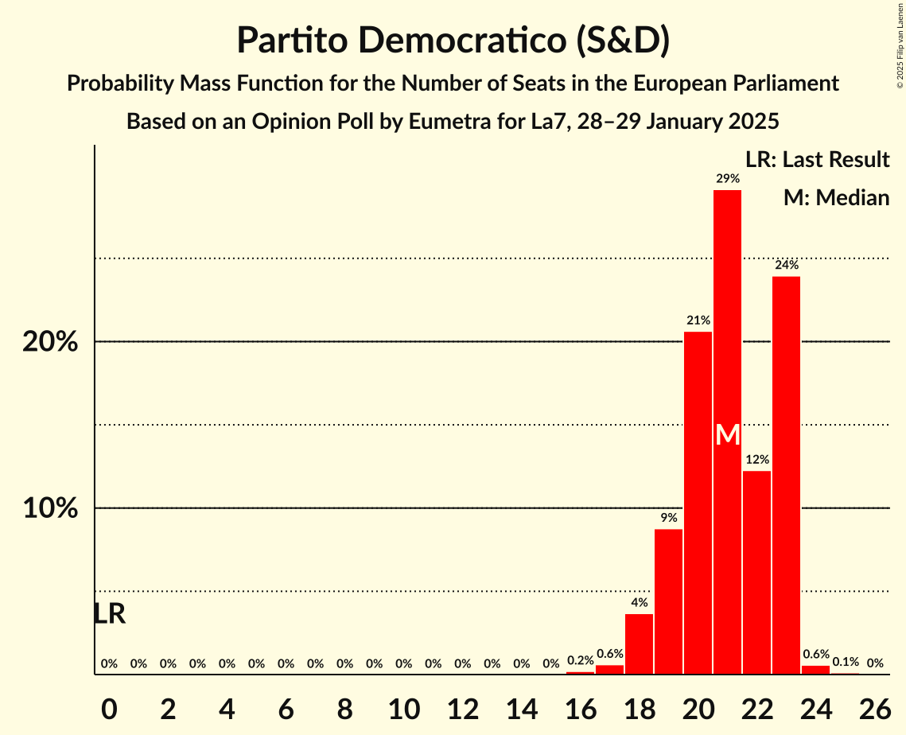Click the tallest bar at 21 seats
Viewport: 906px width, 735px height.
727,318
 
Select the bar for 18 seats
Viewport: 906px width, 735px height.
639,644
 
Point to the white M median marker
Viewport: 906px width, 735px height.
727,435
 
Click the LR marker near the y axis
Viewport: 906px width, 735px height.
109,614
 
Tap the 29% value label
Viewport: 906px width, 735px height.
727,179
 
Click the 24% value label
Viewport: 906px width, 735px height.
786,265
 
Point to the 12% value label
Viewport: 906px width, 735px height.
756,460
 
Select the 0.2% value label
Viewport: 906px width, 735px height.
580,661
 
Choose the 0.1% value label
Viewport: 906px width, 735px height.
845,662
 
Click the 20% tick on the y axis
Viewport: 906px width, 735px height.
50,342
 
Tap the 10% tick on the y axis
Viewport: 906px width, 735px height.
50,508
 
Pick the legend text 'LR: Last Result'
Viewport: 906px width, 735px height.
817,160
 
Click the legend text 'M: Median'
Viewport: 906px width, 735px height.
836,197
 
